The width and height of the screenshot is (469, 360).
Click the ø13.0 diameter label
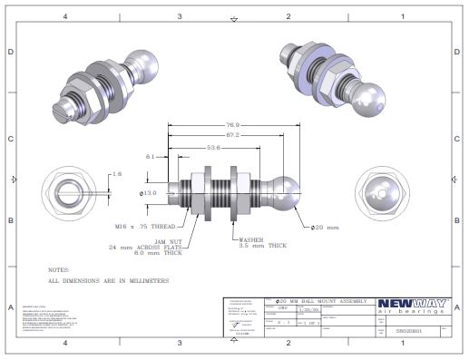(x=148, y=192)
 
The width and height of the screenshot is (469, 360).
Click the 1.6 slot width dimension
(x=116, y=172)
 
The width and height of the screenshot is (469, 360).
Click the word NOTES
(x=60, y=269)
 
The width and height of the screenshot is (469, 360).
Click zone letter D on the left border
(x=10, y=53)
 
